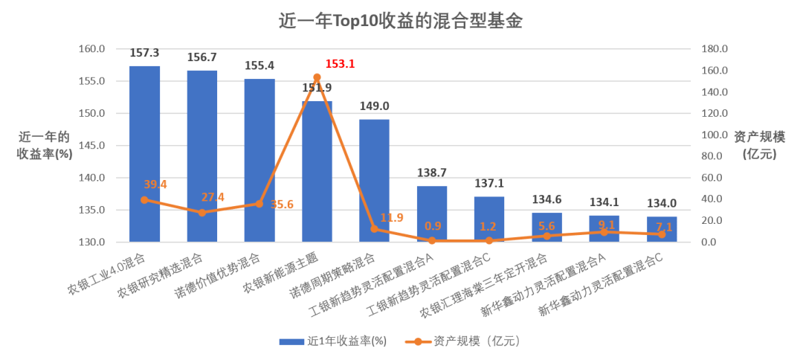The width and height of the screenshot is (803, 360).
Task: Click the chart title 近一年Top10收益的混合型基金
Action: pyautogui.click(x=401, y=21)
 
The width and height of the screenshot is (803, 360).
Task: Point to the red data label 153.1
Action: pyautogui.click(x=340, y=64)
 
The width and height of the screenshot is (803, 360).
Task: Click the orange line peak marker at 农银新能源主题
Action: pyautogui.click(x=317, y=77)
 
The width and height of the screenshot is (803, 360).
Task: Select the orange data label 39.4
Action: pyautogui.click(x=157, y=184)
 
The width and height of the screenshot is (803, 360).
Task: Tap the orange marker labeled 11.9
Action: pyautogui.click(x=374, y=229)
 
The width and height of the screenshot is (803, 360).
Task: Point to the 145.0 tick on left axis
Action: pyautogui.click(x=93, y=146)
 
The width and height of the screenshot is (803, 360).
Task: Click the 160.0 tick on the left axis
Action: pyautogui.click(x=93, y=49)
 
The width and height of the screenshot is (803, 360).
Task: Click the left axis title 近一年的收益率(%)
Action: pyautogui.click(x=45, y=146)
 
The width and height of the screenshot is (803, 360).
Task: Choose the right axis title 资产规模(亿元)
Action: pyautogui.click(x=759, y=146)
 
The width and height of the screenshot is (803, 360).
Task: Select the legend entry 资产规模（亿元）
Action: pyautogui.click(x=464, y=341)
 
